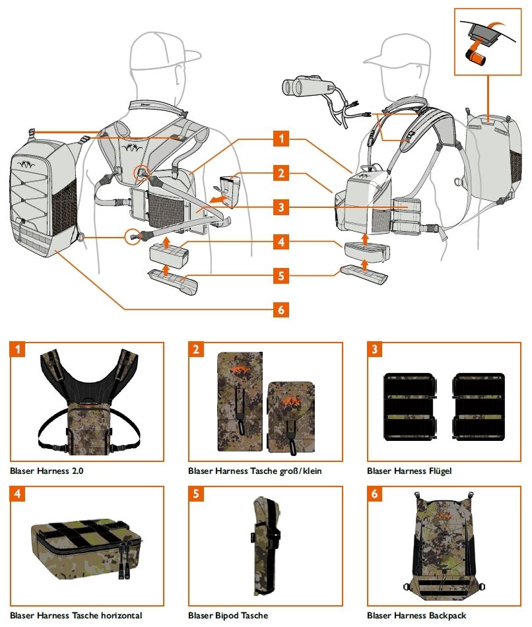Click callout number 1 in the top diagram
281,139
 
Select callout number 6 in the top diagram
281,308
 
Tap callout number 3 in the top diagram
281,207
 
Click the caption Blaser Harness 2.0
47,471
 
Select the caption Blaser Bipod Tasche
228,615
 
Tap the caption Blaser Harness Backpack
416,615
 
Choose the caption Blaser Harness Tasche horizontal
76,615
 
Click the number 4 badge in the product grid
17,494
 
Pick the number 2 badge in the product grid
196,350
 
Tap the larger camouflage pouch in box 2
240,402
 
